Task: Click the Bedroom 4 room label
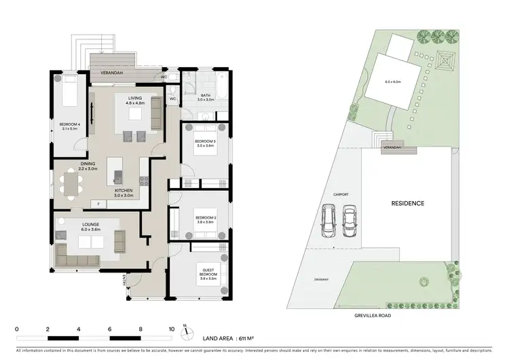point(69,126)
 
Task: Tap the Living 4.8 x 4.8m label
point(136,101)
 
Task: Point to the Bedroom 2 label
point(206,220)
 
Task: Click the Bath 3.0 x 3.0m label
point(206,98)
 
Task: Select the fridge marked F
point(98,204)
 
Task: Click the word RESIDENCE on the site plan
point(407,203)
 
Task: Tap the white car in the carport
point(349,218)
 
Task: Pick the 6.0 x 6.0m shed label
point(394,82)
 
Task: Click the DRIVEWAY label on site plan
point(322,280)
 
